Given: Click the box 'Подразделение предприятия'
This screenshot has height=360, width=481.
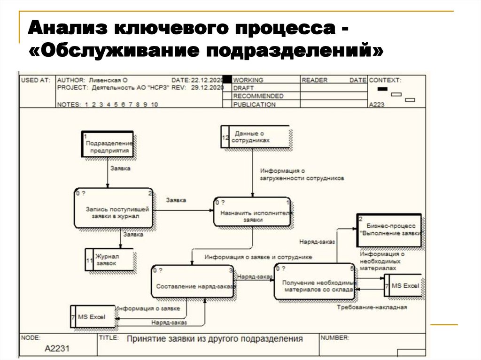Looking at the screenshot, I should [107, 144].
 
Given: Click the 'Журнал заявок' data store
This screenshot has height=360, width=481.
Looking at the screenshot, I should [109, 260].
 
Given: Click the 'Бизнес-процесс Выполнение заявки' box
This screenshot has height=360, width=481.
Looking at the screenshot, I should [389, 230].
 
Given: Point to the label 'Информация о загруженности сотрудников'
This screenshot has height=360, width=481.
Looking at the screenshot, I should [302, 175].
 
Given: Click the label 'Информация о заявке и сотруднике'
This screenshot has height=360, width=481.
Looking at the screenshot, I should [258, 257].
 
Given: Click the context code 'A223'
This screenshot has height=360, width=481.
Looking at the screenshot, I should [377, 105].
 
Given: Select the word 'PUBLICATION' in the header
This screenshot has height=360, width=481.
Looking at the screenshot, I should [254, 105].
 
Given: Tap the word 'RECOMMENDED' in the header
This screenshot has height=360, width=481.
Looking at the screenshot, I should [258, 96].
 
